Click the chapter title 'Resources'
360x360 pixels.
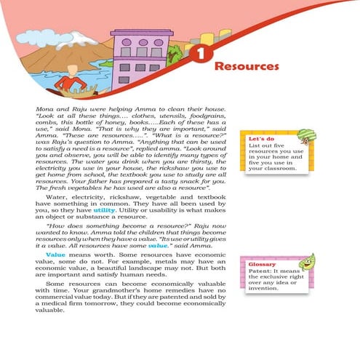pyautogui.click(x=248, y=66)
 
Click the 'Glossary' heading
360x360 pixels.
pyautogui.click(x=261, y=263)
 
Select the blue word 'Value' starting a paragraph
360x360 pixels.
pyautogui.click(x=56, y=255)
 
